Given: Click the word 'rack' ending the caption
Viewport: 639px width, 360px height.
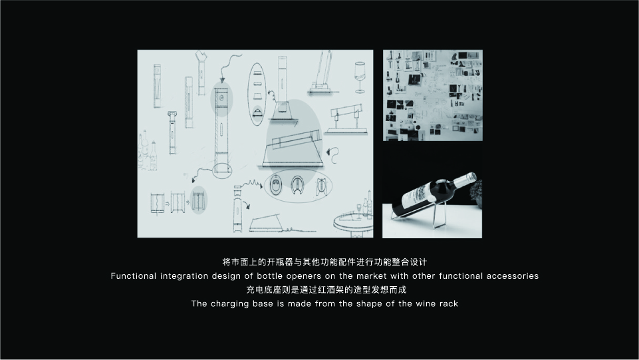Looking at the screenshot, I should click(x=447, y=304).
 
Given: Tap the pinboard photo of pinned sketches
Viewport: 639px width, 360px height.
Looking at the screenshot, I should click(x=432, y=95).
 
